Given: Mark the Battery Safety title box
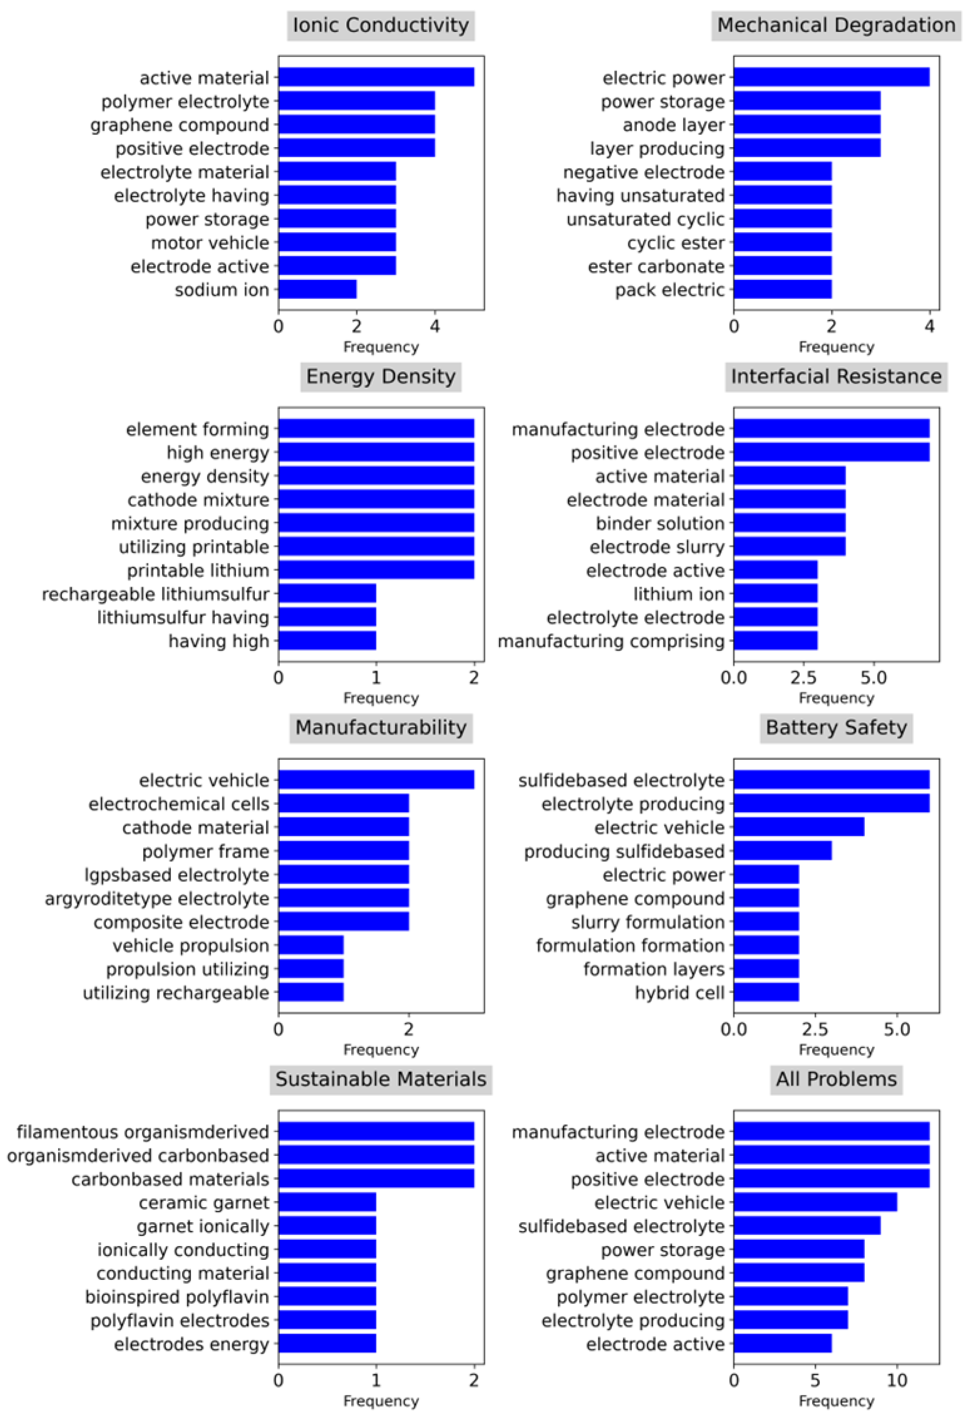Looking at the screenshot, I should [x=836, y=727].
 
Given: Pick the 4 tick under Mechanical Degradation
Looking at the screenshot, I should [x=929, y=326].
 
